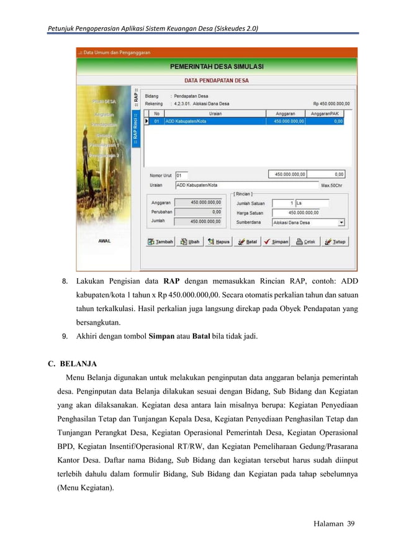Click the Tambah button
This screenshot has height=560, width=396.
(x=160, y=242)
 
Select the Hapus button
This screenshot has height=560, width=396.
(x=219, y=242)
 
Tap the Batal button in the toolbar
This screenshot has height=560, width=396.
(x=247, y=242)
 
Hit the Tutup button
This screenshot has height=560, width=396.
(x=335, y=242)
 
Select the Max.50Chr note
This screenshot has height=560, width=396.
(x=335, y=185)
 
